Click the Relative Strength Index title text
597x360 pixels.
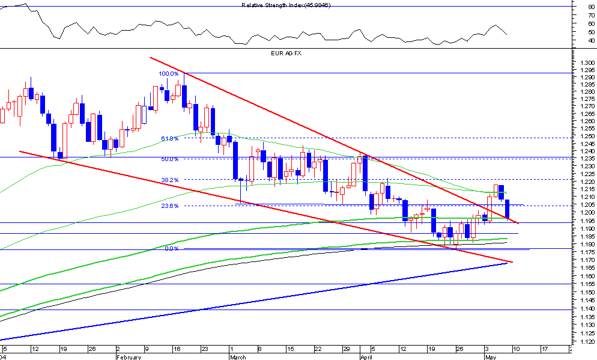286,5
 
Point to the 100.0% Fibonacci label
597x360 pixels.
168,74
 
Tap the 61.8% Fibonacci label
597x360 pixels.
169,138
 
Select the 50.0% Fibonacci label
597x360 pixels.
169,159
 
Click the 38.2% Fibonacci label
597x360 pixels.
169,180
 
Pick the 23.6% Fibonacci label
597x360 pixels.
169,206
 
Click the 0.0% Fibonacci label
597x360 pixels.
171,248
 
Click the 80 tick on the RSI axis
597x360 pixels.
592,7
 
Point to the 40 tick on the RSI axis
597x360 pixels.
592,41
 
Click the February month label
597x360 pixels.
129,356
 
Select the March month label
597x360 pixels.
238,356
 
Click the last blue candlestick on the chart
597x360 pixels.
508,209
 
